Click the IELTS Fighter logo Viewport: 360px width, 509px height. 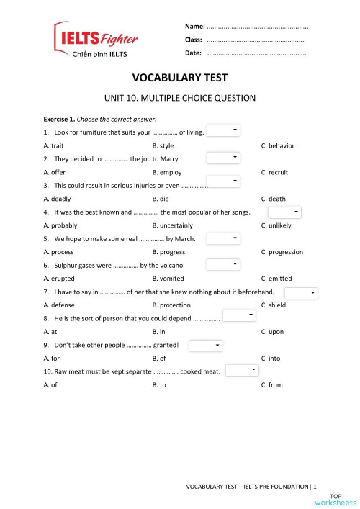(96, 40)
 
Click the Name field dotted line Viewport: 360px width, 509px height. (257, 26)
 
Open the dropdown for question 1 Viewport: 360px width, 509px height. (223, 131)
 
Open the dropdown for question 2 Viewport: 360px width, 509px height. (223, 158)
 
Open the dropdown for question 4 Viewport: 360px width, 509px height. (284, 212)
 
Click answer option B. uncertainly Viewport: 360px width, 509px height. (172, 225)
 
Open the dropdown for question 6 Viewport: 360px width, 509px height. (223, 265)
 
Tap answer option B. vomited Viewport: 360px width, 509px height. (169, 279)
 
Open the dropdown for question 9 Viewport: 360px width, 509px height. (206, 346)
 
